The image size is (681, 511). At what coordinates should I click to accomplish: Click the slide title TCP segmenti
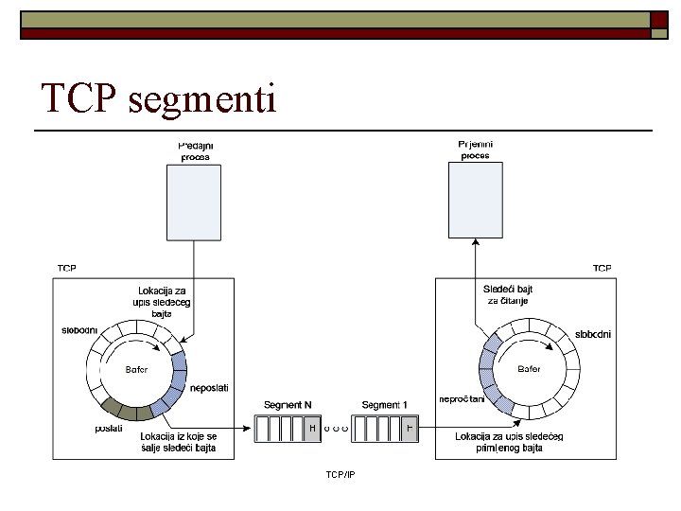click(x=159, y=98)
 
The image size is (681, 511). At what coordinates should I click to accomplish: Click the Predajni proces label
click(x=196, y=150)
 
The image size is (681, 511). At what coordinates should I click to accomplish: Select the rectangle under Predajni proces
click(x=196, y=200)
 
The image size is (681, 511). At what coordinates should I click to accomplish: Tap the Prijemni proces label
click(x=475, y=150)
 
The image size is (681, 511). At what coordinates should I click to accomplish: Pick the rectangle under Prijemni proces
click(x=475, y=200)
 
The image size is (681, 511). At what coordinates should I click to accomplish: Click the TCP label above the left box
click(x=66, y=269)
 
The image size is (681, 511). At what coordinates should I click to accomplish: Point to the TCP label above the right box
click(x=602, y=269)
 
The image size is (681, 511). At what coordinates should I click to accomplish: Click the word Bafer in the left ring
click(x=137, y=369)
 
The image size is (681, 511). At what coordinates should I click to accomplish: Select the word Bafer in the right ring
click(x=529, y=369)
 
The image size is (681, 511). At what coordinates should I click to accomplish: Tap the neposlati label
click(x=209, y=388)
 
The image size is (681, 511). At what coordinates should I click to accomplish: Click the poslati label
click(x=109, y=428)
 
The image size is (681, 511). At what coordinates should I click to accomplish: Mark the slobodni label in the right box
click(x=594, y=334)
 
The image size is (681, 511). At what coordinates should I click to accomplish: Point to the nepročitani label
click(x=462, y=398)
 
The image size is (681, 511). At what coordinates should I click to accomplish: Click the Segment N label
click(x=288, y=405)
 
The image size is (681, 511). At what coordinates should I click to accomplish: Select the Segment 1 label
click(x=385, y=405)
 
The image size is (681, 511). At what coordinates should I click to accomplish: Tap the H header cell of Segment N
click(x=313, y=429)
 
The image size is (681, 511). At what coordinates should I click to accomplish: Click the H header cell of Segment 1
click(x=410, y=429)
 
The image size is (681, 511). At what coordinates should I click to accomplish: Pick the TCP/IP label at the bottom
click(x=340, y=472)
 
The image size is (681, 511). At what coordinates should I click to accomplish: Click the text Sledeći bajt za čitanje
click(x=506, y=294)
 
